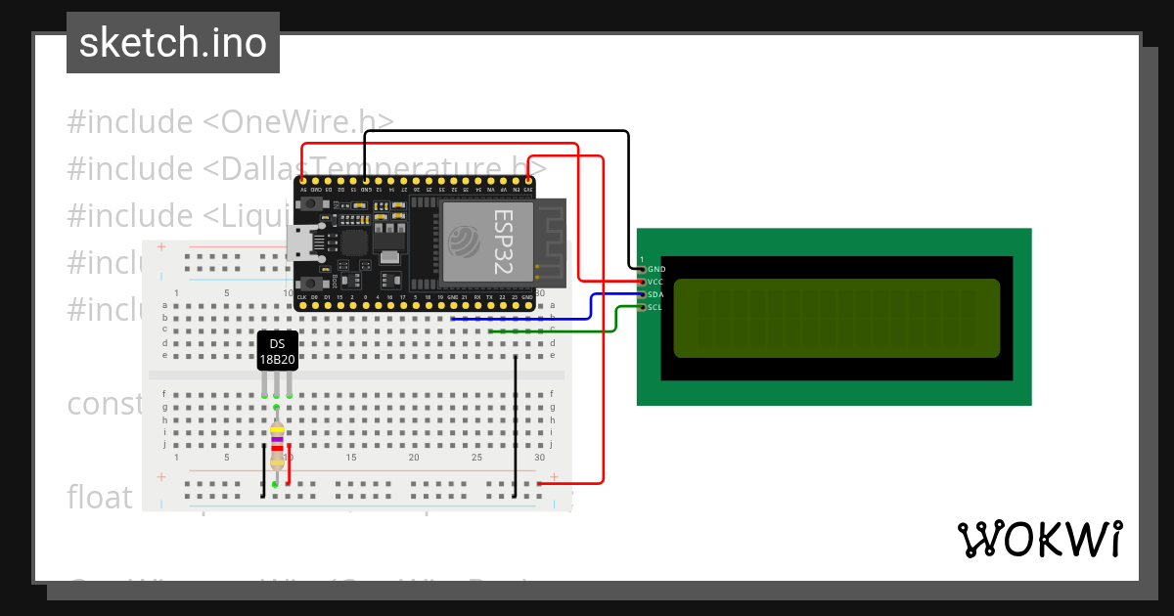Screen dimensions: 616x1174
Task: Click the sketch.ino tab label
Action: coord(173,43)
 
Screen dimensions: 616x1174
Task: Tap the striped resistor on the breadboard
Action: coord(277,445)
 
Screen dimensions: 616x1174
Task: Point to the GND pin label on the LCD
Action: coord(656,268)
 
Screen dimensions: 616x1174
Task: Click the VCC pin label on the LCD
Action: coord(656,282)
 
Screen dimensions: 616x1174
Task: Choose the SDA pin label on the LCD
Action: coord(656,294)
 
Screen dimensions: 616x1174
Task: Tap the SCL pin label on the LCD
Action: coord(656,307)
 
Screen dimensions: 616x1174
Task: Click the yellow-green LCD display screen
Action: coord(836,318)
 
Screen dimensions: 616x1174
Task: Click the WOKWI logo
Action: coord(1039,539)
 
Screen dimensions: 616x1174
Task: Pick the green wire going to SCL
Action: coord(615,319)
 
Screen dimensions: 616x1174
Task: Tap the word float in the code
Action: coord(99,497)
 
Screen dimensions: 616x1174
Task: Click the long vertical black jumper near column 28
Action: coord(515,425)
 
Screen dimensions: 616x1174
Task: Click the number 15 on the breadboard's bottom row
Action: coord(350,458)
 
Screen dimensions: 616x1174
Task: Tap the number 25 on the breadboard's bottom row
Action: coord(476,458)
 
